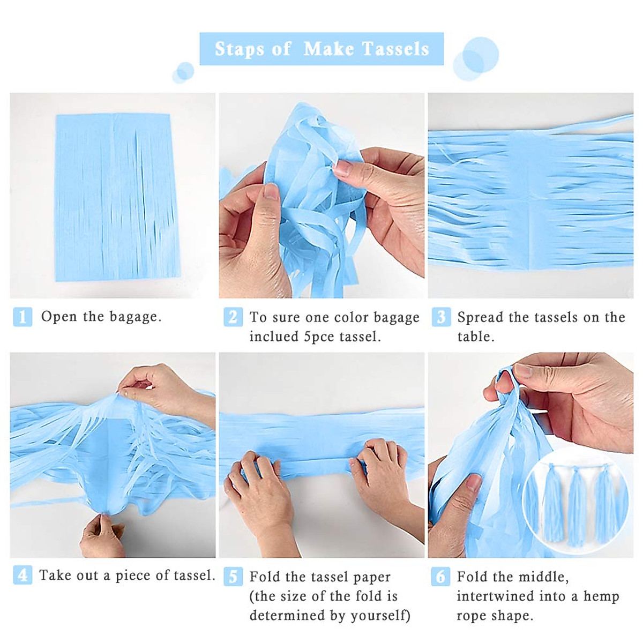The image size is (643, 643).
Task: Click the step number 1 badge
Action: [x=23, y=317]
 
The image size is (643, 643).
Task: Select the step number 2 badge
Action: [x=233, y=317]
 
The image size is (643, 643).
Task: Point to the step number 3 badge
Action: [x=440, y=317]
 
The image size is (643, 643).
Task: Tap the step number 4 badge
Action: [x=23, y=575]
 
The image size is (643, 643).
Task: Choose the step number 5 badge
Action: [x=233, y=577]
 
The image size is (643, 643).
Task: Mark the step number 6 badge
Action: [x=440, y=577]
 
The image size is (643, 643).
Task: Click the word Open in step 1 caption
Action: [x=59, y=317]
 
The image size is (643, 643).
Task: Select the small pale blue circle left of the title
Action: [x=183, y=72]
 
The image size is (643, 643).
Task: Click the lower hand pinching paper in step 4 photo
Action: [x=102, y=536]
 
